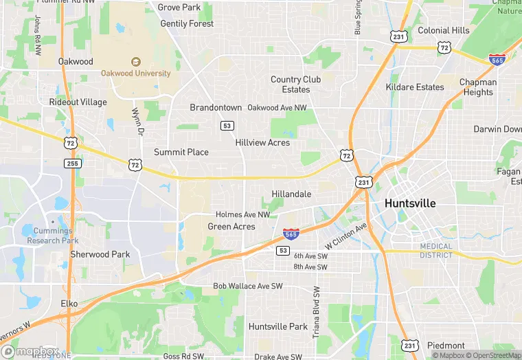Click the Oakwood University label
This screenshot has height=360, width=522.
135,74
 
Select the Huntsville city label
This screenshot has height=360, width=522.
410,203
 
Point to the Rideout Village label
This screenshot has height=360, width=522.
78,102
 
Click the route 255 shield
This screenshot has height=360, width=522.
73,164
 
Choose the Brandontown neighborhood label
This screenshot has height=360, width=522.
216,108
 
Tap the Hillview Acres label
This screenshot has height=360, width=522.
262,143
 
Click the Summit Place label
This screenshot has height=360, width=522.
181,152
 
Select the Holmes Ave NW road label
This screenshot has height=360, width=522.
242,215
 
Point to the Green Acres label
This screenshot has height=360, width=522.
231,227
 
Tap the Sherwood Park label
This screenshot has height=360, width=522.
100,254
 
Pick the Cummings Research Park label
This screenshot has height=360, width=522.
53,236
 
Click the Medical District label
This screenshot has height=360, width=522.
436,251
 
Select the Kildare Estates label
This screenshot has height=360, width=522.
415,87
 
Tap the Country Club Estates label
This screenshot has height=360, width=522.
295,85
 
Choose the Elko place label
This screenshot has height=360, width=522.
69,303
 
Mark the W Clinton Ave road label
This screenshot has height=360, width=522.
347,234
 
